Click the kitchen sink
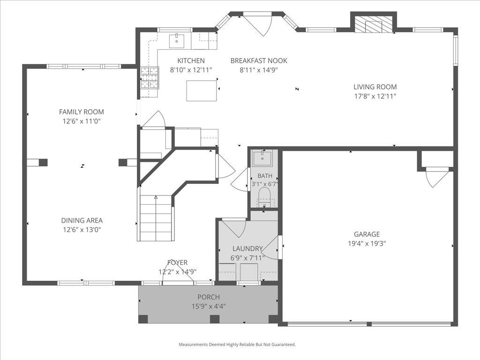click(177, 41)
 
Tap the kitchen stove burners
click(150, 77)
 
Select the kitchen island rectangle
click(202, 90)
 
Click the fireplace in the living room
click(373, 23)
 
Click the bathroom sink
click(262, 158)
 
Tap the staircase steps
click(156, 217)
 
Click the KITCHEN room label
click(191, 60)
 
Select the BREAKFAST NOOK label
click(259, 60)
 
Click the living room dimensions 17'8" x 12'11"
click(375, 96)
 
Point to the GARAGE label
click(367, 234)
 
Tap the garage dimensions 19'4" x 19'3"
click(367, 244)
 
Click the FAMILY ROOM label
click(82, 112)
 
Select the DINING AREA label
click(82, 220)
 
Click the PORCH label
click(209, 297)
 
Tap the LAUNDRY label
click(247, 248)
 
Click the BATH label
click(265, 176)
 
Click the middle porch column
click(215, 319)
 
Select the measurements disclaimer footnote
click(237, 345)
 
